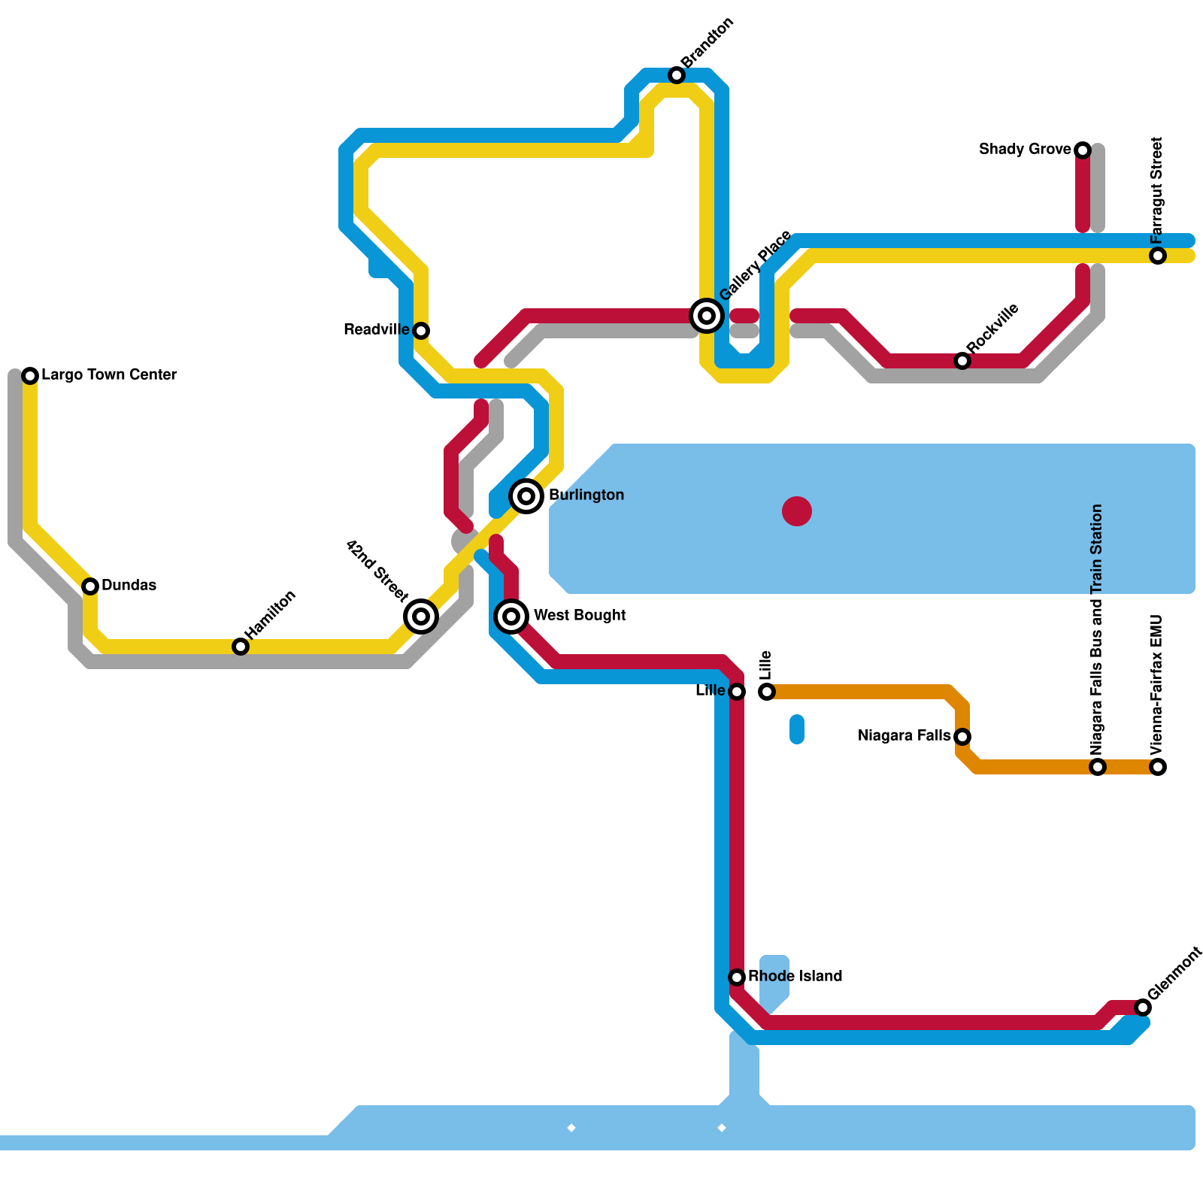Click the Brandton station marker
(x=677, y=75)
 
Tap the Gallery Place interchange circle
(x=707, y=316)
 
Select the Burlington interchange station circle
(x=526, y=496)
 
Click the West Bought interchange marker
(x=511, y=617)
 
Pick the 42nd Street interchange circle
(x=421, y=617)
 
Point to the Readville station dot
(x=421, y=331)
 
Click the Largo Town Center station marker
(x=30, y=376)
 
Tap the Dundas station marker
(x=90, y=586)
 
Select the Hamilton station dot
(x=241, y=647)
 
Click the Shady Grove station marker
(x=1083, y=150)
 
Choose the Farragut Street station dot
(x=1158, y=256)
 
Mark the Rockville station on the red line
(x=962, y=361)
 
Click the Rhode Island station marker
(x=737, y=977)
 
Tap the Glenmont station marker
(x=1143, y=1008)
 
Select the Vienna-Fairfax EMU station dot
(x=1158, y=767)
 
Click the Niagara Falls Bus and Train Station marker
(x=1098, y=767)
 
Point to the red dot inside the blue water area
(x=797, y=511)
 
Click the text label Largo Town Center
(x=109, y=374)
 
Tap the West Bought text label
(x=579, y=615)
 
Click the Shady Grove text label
(x=1024, y=149)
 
